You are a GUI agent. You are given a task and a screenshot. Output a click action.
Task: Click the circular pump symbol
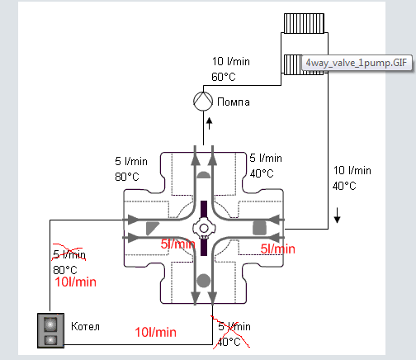point(203,101)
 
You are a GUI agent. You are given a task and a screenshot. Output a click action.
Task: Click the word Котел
point(86,327)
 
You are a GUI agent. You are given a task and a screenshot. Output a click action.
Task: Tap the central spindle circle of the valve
point(203,227)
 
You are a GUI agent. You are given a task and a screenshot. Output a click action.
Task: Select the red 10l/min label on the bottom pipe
point(157,332)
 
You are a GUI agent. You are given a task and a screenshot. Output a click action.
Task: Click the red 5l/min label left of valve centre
point(178,244)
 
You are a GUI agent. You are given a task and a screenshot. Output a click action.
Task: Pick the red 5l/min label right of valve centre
point(278,248)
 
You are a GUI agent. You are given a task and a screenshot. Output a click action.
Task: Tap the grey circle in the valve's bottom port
point(204,279)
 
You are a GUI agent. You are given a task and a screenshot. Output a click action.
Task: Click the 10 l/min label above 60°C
point(230,62)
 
